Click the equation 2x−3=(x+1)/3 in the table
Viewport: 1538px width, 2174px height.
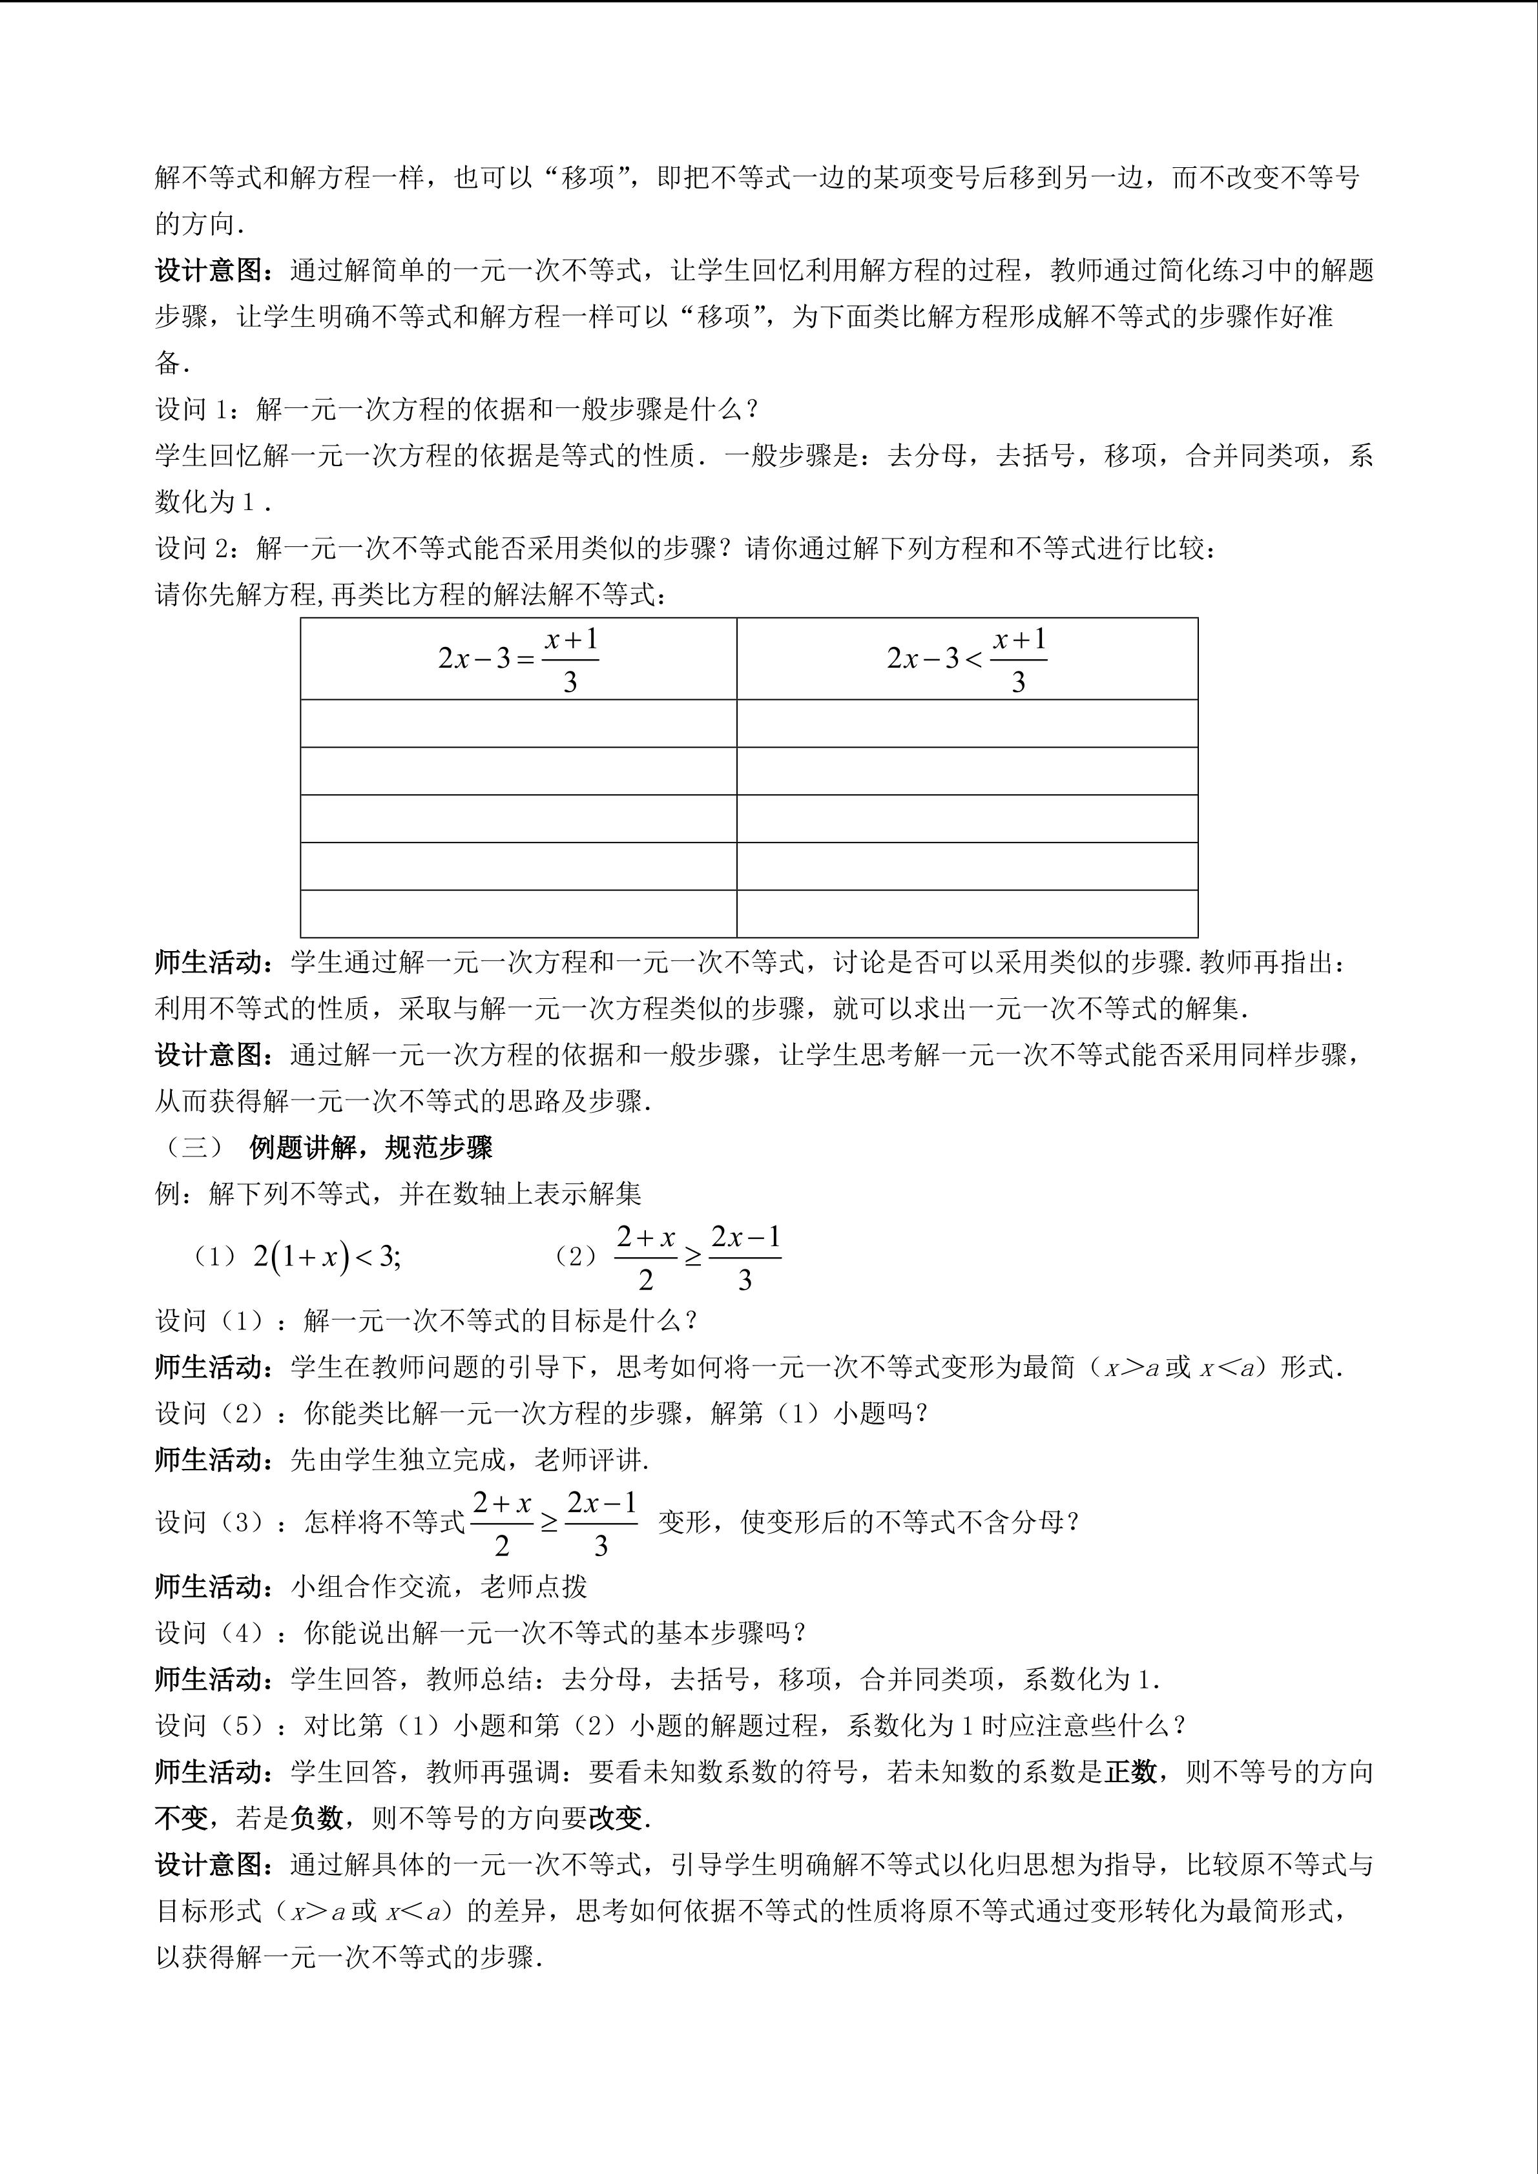click(x=518, y=659)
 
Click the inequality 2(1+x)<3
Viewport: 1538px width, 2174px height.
click(x=327, y=1256)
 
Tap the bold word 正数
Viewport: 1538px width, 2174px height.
click(x=1131, y=1772)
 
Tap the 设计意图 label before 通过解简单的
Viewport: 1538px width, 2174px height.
click(x=209, y=271)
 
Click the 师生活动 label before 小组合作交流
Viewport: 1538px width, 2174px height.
click(x=209, y=1586)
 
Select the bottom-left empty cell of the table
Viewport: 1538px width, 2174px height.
click(x=518, y=913)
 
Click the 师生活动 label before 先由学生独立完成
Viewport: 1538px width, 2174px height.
click(x=209, y=1459)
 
